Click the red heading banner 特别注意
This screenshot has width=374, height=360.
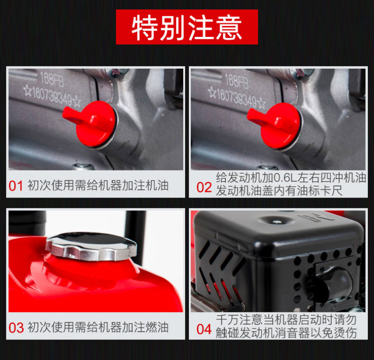click(187, 27)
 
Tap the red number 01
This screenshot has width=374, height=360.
click(16, 186)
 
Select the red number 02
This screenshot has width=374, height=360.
click(204, 187)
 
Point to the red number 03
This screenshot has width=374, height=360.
click(16, 328)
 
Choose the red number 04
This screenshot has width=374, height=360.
click(204, 329)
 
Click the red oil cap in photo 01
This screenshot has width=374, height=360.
click(90, 123)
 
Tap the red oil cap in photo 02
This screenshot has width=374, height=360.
click(274, 125)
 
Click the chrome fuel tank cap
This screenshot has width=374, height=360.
click(91, 246)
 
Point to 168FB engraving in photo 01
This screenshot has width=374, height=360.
click(52, 79)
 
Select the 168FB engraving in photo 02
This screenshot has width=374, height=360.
click(237, 81)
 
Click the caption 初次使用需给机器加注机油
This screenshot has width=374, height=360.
click(98, 185)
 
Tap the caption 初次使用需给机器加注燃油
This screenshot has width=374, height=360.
click(98, 327)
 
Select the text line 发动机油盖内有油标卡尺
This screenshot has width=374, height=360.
click(279, 191)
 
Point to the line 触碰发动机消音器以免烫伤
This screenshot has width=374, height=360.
click(286, 333)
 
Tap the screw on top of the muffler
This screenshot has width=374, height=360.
click(277, 222)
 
